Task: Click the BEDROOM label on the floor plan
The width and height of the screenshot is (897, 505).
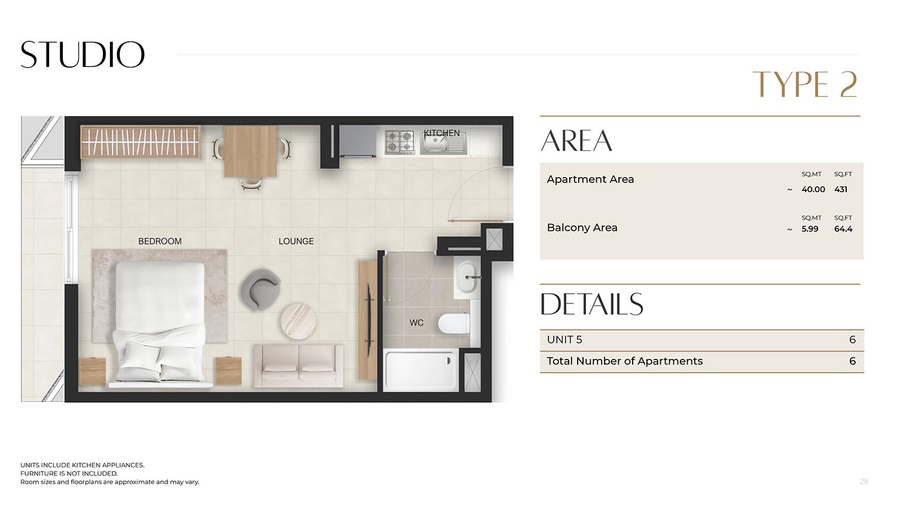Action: [160, 241]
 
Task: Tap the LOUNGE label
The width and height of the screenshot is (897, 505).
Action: [296, 241]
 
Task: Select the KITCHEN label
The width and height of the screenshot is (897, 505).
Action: [442, 133]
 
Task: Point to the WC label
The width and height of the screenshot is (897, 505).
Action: [416, 323]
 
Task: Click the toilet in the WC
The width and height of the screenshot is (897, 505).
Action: [454, 323]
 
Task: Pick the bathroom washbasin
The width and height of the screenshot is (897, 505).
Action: [467, 277]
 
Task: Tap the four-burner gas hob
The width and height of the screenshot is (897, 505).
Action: [399, 142]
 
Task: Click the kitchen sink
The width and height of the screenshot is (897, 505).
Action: [443, 142]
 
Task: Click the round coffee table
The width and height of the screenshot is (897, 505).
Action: [298, 321]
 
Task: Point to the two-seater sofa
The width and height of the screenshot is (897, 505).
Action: [298, 366]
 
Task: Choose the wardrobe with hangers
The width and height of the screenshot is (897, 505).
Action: [141, 141]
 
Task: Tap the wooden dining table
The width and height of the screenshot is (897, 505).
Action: [251, 151]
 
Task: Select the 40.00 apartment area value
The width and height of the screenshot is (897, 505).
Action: [813, 190]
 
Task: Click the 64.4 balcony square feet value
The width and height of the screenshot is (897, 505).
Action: [843, 229]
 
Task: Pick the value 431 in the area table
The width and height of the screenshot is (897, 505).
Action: [841, 190]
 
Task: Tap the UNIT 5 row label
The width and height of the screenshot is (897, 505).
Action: [565, 340]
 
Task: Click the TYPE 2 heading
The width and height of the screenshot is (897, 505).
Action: [806, 84]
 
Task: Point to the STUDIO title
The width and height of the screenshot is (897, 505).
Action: [83, 54]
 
